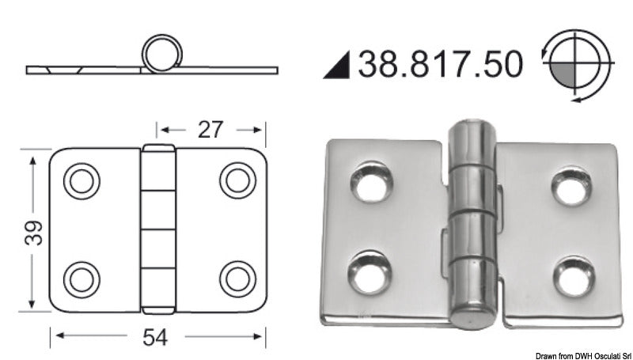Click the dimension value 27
209,129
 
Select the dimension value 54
157,338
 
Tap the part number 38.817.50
440,64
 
